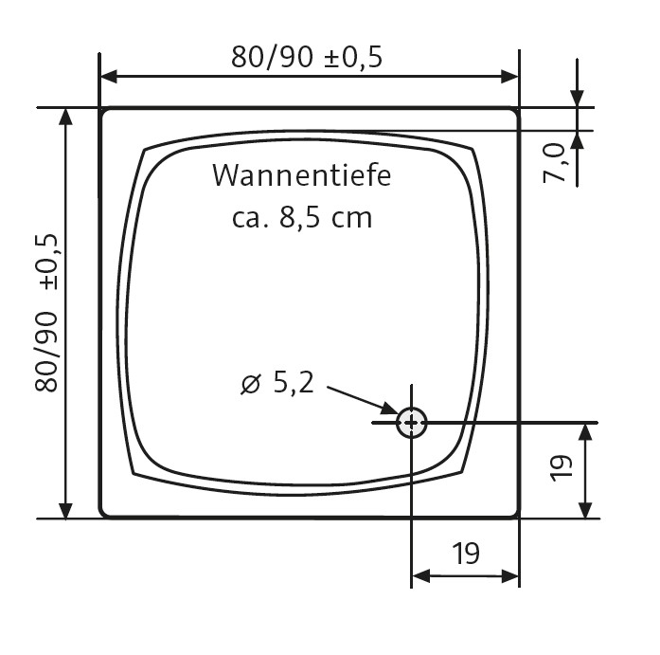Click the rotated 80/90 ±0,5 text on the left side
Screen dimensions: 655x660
[48, 312]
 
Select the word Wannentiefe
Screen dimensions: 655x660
[301, 176]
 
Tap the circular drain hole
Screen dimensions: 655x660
[412, 423]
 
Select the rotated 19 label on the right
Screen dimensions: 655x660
[561, 467]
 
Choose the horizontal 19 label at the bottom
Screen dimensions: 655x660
[465, 553]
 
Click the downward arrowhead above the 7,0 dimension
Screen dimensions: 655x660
[578, 99]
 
